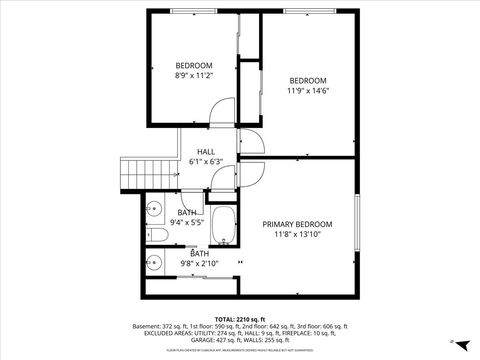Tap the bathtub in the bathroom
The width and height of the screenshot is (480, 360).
coord(224,227)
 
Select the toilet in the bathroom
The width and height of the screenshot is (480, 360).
coord(156,236)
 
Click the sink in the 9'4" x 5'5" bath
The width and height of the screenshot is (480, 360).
coord(153,209)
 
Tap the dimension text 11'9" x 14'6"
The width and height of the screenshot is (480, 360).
coord(308,91)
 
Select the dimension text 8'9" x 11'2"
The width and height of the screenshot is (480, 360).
coord(195,75)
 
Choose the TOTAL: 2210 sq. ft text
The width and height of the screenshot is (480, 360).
coord(241,319)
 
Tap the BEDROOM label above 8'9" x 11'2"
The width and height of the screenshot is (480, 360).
coord(195,65)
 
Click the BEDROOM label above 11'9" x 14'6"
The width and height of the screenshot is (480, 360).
coord(308,81)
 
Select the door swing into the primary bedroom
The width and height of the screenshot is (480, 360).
coord(252,172)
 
